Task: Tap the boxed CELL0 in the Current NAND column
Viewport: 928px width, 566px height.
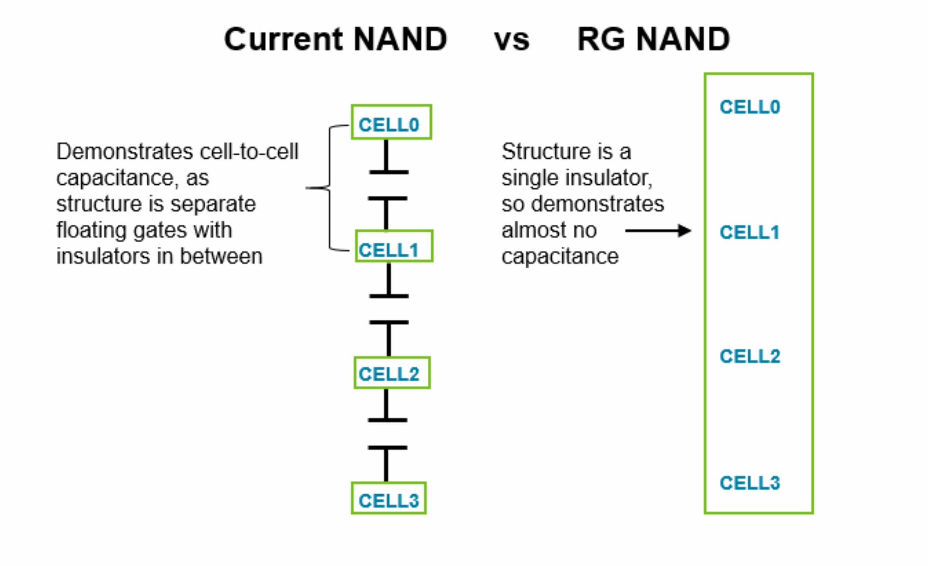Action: [x=391, y=122]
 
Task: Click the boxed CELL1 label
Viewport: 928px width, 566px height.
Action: [x=394, y=246]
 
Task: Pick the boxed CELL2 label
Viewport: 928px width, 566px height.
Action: [x=391, y=373]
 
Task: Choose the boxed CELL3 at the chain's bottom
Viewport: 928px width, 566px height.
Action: [x=388, y=498]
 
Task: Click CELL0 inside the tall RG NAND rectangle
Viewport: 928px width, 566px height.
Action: [x=750, y=107]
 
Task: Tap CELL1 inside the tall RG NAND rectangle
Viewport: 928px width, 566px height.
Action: [x=749, y=232]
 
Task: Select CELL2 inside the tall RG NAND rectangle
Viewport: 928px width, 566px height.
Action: [x=750, y=356]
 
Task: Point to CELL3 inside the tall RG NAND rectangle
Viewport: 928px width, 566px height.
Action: [x=750, y=483]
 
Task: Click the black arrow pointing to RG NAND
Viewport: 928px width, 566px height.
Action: [x=658, y=231]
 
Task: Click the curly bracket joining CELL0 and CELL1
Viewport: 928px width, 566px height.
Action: [x=329, y=188]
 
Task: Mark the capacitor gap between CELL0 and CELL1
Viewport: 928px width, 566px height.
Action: [x=388, y=185]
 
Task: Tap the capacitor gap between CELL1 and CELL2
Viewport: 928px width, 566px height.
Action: [x=389, y=309]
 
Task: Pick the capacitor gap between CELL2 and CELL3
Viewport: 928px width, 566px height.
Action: [x=387, y=434]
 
